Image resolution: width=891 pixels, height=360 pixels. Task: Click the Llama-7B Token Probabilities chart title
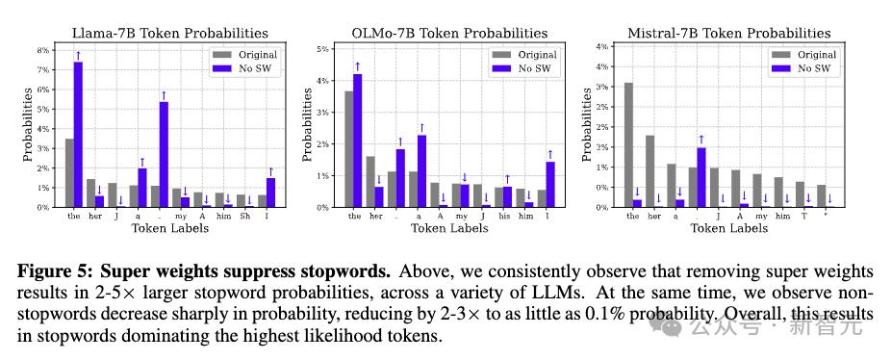[x=170, y=33]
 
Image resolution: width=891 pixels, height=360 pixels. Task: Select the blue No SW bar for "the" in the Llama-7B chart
[x=78, y=135]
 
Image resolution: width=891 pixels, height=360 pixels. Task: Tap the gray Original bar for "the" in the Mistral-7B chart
[x=628, y=145]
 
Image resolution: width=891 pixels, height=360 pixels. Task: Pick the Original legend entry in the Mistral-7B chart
[x=803, y=55]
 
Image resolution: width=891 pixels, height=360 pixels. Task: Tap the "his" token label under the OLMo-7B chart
[x=503, y=217]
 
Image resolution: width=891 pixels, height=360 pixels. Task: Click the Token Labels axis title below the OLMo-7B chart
[x=449, y=229]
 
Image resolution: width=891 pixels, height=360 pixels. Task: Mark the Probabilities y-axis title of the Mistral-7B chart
[x=588, y=124]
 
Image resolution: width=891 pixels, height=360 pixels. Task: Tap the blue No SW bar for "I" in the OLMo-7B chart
[x=549, y=185]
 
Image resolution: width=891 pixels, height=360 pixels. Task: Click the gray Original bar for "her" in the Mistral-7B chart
[x=650, y=171]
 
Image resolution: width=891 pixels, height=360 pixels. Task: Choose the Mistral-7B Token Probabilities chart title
[x=729, y=33]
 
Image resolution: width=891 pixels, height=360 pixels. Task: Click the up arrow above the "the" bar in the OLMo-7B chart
[x=357, y=66]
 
